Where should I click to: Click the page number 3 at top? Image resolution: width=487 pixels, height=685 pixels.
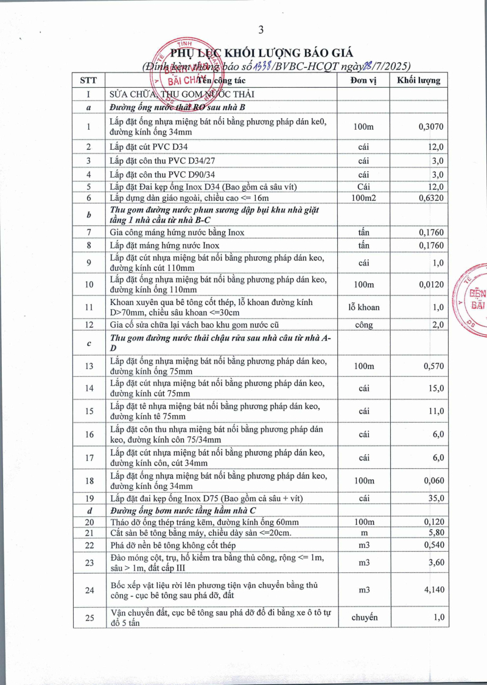tap(261, 29)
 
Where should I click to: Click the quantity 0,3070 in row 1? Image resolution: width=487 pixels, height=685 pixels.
tap(431, 127)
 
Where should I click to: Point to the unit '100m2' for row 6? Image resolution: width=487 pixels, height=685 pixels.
tap(364, 198)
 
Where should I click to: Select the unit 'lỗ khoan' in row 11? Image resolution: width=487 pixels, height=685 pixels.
tap(364, 307)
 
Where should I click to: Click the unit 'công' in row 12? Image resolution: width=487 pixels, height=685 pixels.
tap(364, 325)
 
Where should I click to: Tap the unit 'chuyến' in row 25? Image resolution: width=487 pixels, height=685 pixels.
tap(364, 617)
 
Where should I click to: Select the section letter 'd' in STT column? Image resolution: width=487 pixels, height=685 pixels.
tap(89, 510)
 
